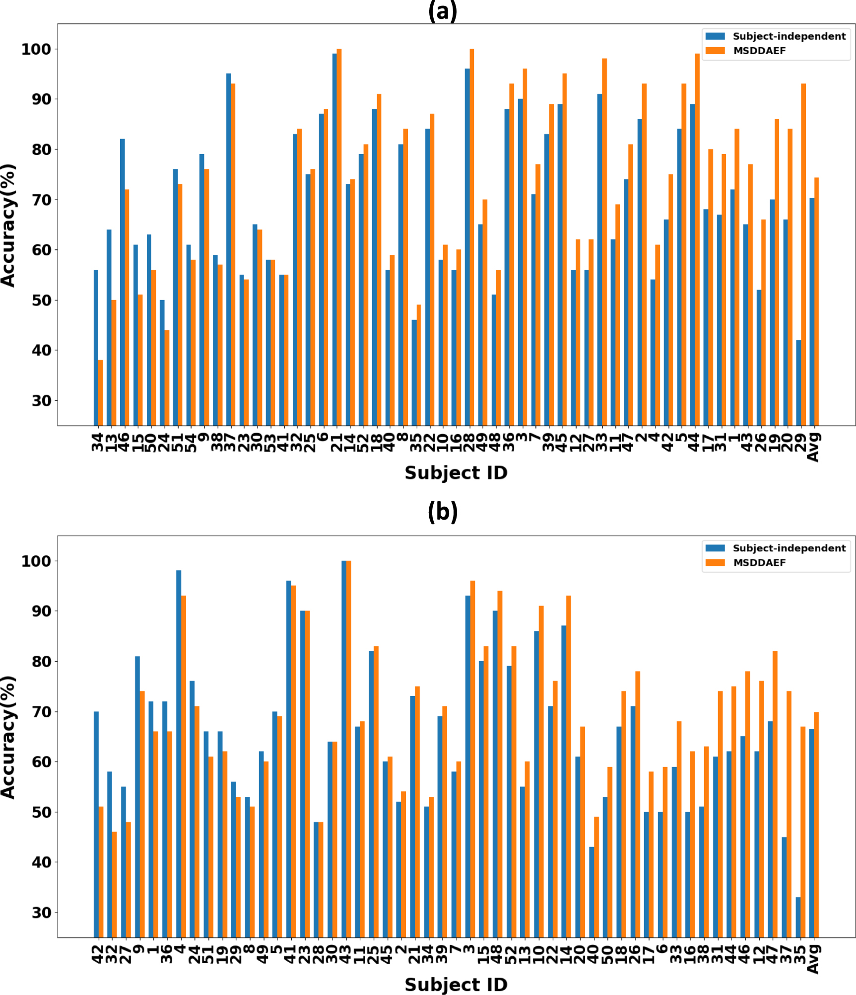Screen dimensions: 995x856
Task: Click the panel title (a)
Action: (442, 11)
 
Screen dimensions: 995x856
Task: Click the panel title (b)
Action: (442, 512)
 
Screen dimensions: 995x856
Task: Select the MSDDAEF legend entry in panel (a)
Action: (759, 51)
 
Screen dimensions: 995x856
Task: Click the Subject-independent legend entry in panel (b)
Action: (789, 548)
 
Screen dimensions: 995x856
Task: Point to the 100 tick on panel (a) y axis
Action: (36, 49)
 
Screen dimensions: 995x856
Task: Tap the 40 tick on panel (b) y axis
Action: (41, 862)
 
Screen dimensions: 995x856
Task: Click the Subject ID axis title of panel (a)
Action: (456, 472)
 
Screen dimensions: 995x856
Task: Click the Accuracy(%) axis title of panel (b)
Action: (8, 737)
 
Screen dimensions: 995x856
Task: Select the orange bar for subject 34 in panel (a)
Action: (101, 392)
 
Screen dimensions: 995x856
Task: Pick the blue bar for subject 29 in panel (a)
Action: (798, 383)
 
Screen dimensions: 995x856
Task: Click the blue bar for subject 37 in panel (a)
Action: (228, 248)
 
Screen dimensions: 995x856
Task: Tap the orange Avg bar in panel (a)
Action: (816, 301)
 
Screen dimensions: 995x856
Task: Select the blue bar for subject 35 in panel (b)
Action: (798, 917)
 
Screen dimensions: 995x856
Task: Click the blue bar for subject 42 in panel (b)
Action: (96, 825)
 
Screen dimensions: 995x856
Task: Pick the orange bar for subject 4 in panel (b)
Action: (184, 765)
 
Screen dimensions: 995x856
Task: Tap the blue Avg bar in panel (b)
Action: (811, 833)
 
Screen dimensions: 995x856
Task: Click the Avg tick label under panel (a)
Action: (813, 447)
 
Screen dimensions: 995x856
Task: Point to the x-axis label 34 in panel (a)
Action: (98, 442)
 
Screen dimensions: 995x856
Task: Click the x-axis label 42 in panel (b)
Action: (98, 954)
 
